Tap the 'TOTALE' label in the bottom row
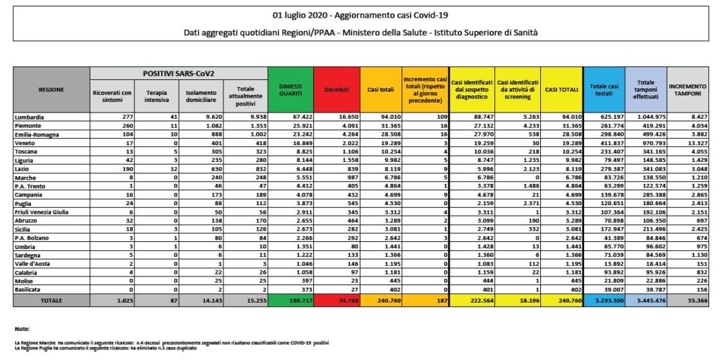click(x=52, y=301)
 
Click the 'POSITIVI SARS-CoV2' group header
click(x=179, y=74)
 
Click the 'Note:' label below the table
click(x=22, y=330)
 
